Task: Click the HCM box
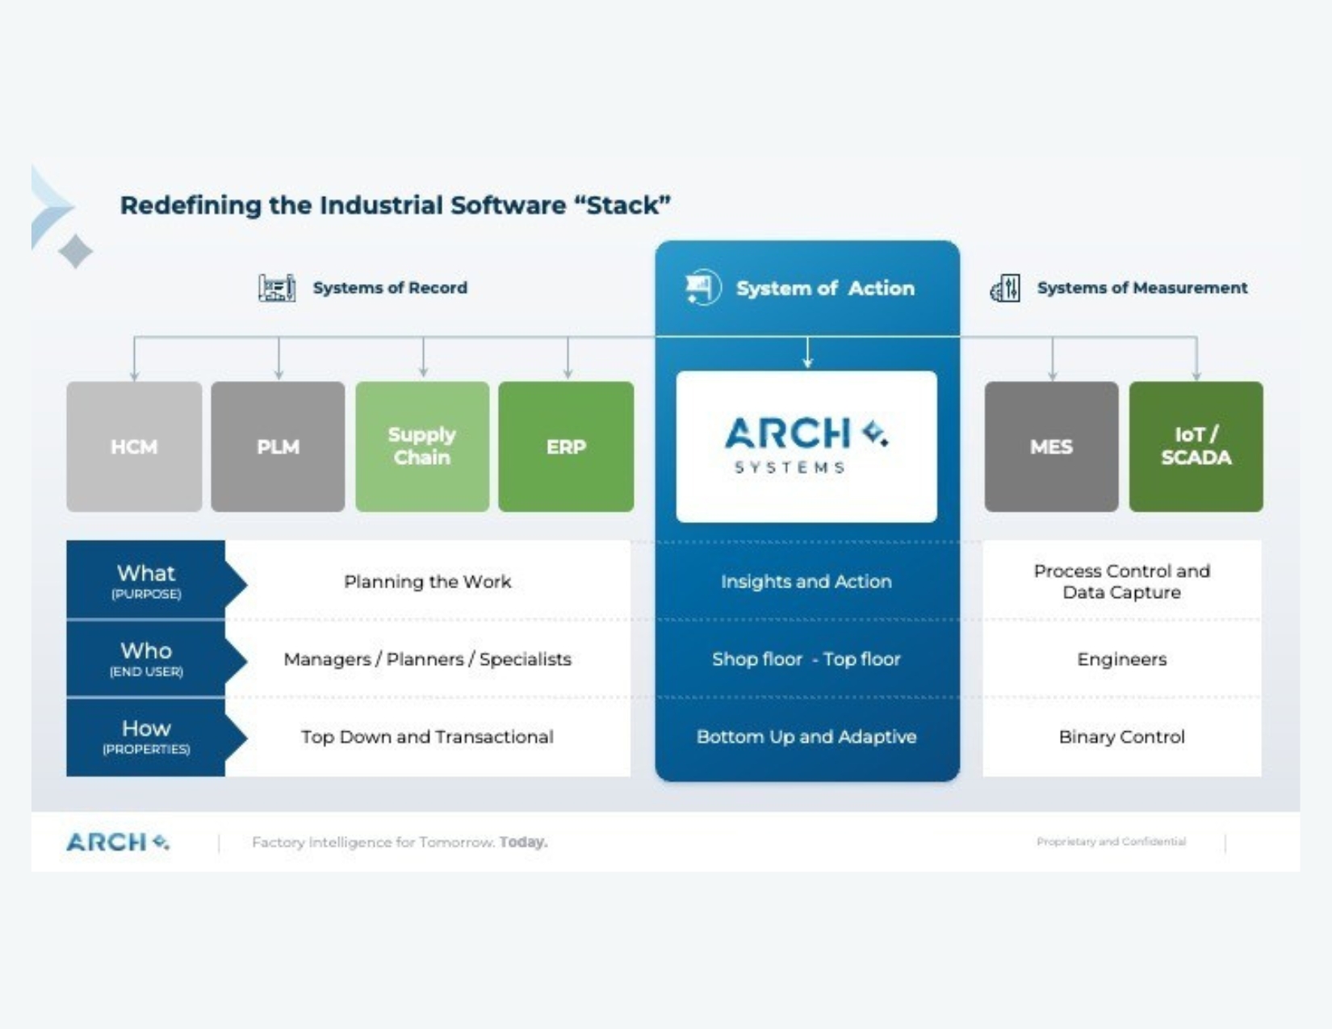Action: click(x=134, y=446)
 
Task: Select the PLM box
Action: click(x=278, y=446)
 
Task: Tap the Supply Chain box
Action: click(x=422, y=446)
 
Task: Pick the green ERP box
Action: click(x=566, y=446)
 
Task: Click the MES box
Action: click(x=1051, y=446)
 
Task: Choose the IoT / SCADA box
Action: click(x=1196, y=446)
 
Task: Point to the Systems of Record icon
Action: click(x=277, y=288)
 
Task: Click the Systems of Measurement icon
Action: click(x=1005, y=288)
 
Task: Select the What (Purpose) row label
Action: click(x=146, y=580)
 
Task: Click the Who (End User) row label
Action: click(x=146, y=659)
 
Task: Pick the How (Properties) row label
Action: click(x=146, y=736)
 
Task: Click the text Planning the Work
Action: click(x=427, y=581)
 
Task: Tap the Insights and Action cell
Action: click(x=806, y=581)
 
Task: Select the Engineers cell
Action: click(x=1121, y=659)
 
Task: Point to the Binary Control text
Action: click(x=1121, y=737)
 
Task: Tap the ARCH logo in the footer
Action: click(x=118, y=842)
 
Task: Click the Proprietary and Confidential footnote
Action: click(x=1111, y=842)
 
